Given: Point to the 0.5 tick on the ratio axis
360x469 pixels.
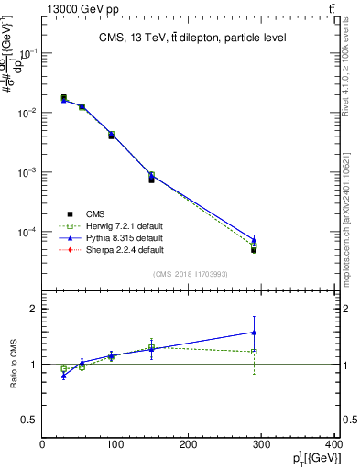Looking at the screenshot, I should pos(30,420).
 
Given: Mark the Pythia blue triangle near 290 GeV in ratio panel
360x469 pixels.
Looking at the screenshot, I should pos(254,333).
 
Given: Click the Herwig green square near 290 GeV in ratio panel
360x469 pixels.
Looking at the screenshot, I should pos(254,352).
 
